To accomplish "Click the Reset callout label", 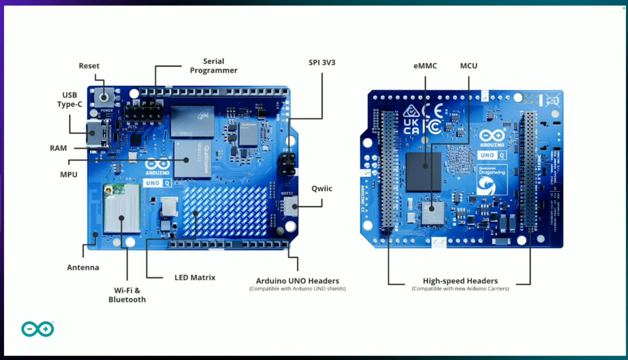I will [89, 66].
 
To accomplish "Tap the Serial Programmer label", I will [213, 66].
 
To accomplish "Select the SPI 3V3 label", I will [322, 63].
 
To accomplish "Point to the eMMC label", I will [425, 66].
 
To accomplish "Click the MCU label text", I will [468, 66].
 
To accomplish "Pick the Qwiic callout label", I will [322, 188].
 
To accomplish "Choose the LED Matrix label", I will [195, 277].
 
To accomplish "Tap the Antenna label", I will [83, 267].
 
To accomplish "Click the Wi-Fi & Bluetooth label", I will [127, 295].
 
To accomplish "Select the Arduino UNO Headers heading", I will [297, 281].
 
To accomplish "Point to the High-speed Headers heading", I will [460, 281].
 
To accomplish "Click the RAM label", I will [58, 148].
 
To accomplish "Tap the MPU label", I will [69, 174].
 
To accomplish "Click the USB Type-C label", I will [70, 99].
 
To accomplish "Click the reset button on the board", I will [104, 97].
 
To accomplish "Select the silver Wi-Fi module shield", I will [122, 210].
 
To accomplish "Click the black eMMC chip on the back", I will [424, 172].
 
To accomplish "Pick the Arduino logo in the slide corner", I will [37, 329].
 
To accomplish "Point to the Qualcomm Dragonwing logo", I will [492, 180].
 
